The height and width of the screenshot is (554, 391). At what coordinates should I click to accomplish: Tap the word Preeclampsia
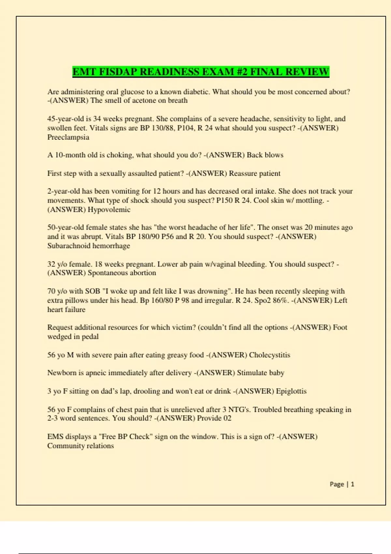click(68, 137)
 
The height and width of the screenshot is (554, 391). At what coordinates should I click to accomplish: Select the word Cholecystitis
click(269, 355)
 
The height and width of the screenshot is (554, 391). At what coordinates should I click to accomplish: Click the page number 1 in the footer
click(353, 484)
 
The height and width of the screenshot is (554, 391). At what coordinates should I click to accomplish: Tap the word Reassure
click(243, 173)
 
